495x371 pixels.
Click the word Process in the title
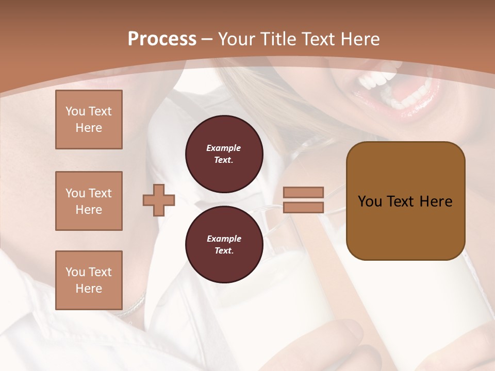coord(162,39)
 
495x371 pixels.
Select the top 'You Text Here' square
coord(89,120)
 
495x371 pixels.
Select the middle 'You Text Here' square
coord(89,201)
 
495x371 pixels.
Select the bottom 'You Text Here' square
coord(89,280)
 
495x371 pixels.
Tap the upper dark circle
coord(224,154)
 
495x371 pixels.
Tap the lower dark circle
coord(224,245)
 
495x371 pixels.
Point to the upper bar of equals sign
coord(303,192)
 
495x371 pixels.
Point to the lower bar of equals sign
coord(303,207)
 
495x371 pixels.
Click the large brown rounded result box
coord(405,201)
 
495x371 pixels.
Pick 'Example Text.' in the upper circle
coord(224,154)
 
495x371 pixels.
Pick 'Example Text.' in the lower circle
coord(224,245)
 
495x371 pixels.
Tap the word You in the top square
coord(75,111)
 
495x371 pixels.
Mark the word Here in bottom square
coord(89,289)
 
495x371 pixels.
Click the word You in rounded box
coord(370,201)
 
